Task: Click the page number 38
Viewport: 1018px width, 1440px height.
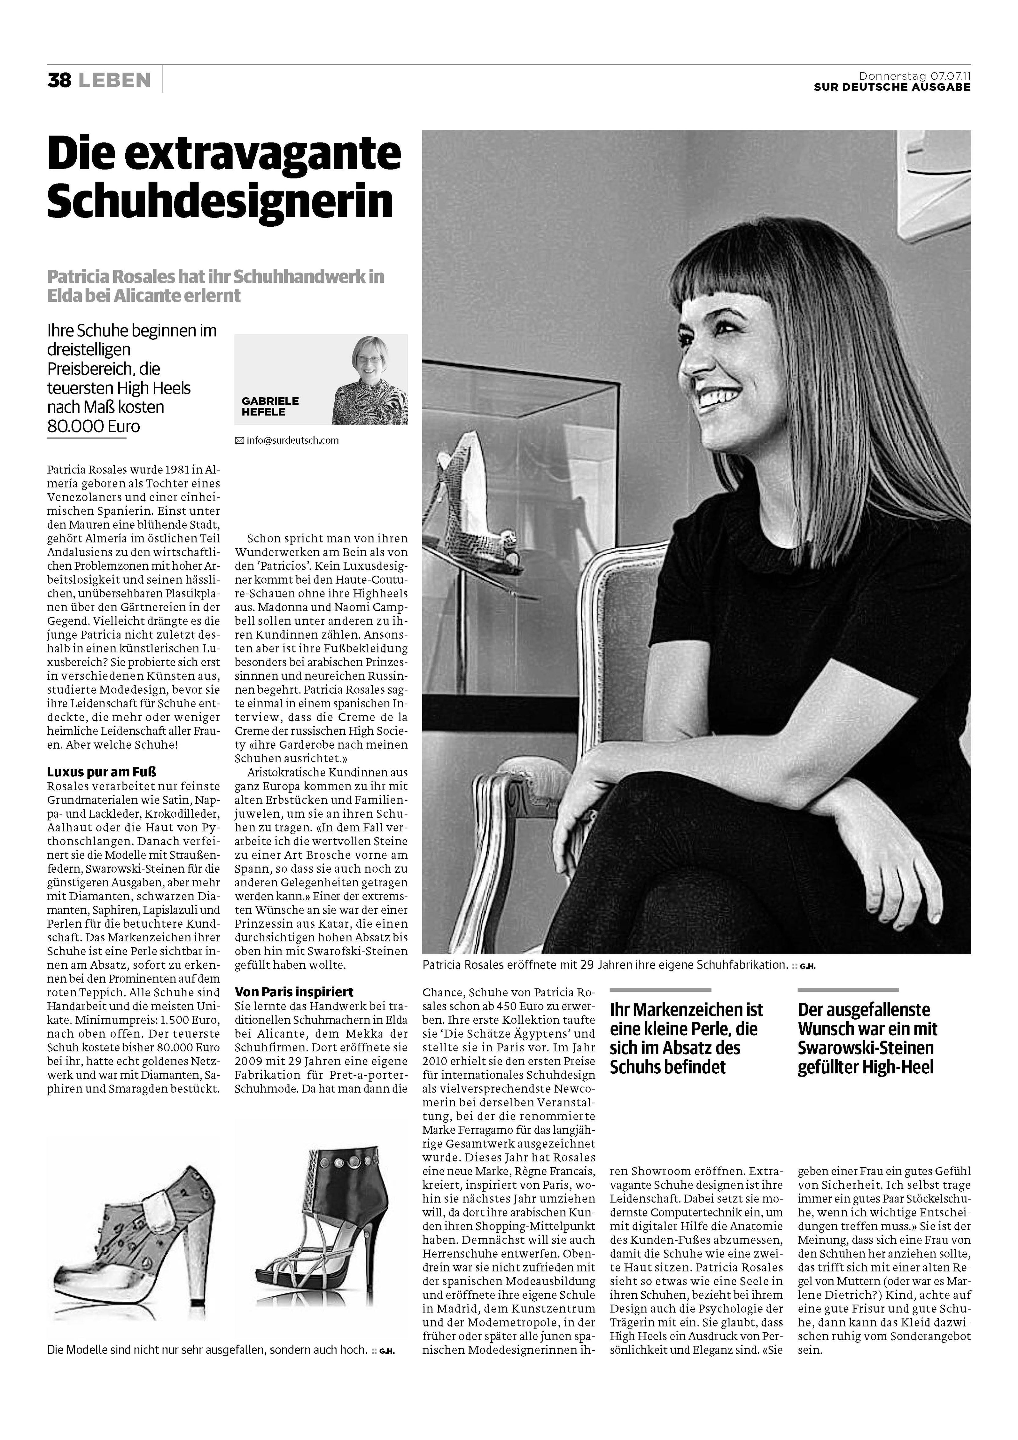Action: point(59,80)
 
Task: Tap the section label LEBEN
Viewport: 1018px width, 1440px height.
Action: point(115,80)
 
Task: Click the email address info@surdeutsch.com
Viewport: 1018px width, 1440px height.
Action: point(292,440)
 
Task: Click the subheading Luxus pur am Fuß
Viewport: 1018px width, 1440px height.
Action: point(101,772)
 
